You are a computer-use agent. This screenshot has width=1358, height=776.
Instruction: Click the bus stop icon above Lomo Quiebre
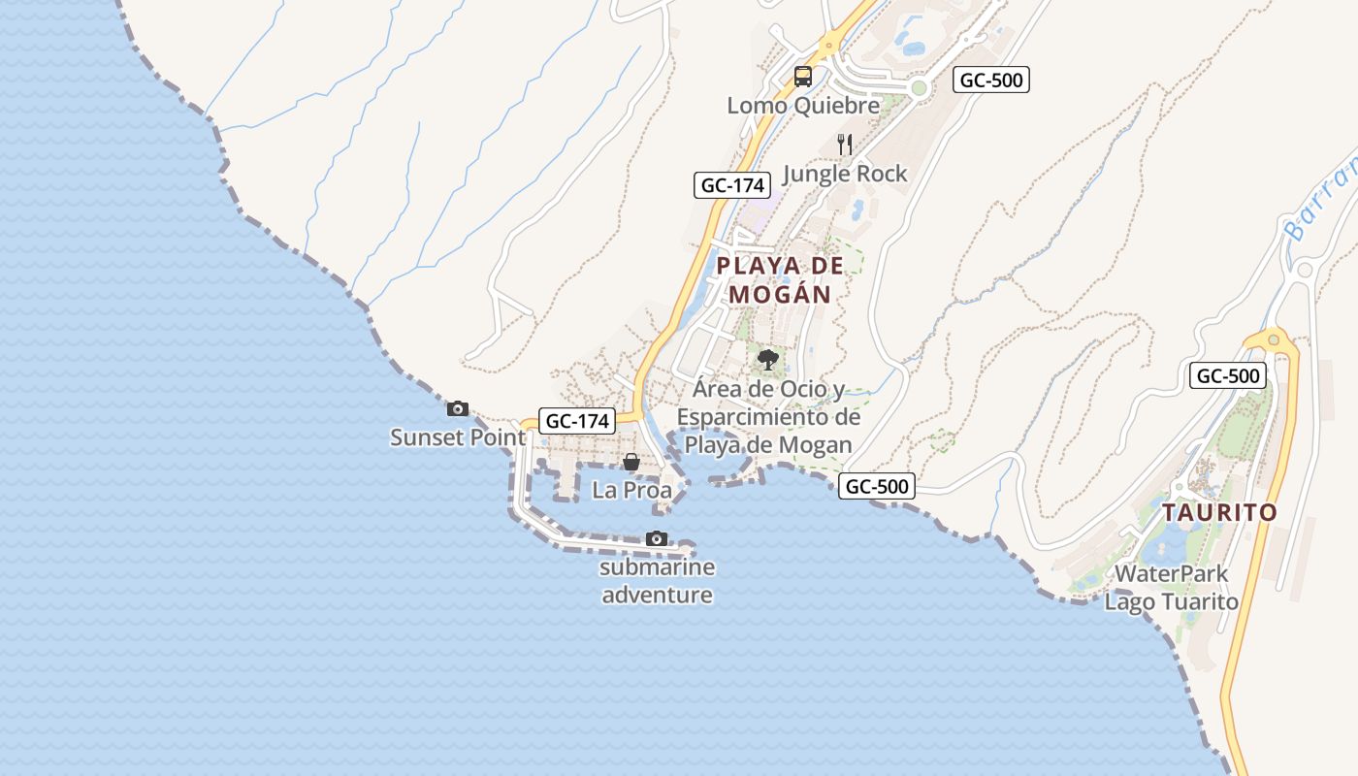[803, 76]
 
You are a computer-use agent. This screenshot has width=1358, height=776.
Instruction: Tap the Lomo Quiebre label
[803, 105]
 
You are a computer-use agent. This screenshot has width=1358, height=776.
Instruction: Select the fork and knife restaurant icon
[845, 145]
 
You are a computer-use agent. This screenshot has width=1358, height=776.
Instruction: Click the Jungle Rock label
[844, 174]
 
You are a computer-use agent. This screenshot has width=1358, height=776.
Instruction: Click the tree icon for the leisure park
[768, 360]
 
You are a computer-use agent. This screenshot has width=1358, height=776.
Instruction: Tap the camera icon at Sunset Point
[457, 408]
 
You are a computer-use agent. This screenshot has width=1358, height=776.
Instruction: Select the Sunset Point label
[457, 437]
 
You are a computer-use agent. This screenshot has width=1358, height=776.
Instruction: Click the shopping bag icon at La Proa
[631, 462]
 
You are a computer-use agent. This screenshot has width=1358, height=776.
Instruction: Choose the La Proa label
[631, 490]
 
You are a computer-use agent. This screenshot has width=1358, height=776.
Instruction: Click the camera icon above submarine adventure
[657, 538]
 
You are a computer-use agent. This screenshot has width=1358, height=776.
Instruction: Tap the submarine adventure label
[658, 581]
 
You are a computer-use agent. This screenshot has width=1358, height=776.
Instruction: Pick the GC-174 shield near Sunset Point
[578, 421]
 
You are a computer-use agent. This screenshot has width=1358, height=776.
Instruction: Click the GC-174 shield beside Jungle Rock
[731, 185]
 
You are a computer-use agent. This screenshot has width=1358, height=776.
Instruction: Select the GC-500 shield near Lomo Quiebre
[990, 80]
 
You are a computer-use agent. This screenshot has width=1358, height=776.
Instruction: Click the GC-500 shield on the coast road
[877, 486]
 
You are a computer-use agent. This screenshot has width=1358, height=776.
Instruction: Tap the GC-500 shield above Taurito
[1228, 375]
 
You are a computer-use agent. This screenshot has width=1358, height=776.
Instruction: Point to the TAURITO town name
[1219, 512]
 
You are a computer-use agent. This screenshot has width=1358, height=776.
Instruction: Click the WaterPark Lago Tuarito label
[1172, 588]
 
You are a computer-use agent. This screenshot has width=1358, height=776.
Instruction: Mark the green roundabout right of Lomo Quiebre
[920, 88]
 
